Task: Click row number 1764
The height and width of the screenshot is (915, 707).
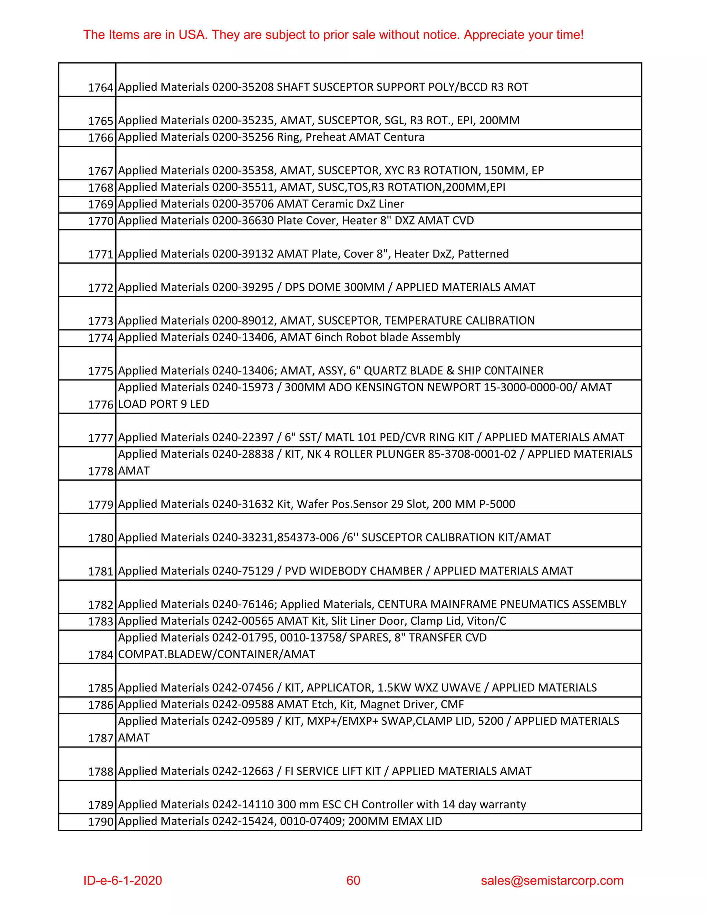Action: pos(100,88)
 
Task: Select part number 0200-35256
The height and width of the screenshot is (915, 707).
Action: pos(243,137)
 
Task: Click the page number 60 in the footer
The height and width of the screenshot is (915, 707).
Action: pos(353,880)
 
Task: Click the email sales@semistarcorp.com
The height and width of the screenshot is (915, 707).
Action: pos(552,880)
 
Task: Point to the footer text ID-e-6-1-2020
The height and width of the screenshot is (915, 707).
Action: pos(122,880)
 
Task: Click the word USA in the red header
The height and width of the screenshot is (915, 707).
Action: pos(192,35)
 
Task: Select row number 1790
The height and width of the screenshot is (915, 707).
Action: pos(100,821)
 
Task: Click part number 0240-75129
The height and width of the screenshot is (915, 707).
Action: pos(243,571)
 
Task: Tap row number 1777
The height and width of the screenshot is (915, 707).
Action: pos(100,438)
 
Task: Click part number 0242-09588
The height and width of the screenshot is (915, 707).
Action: pos(243,704)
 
